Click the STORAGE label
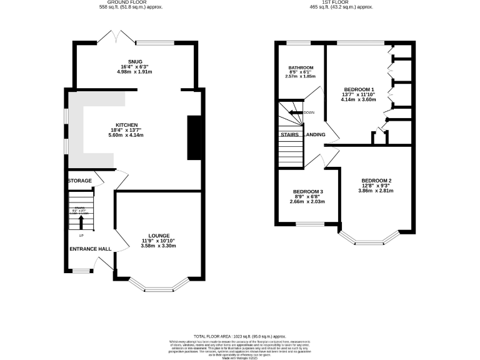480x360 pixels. (x=80, y=181)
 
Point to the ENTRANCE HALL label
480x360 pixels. (x=91, y=249)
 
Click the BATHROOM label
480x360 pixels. (x=301, y=67)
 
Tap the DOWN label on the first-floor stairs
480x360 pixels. (x=309, y=113)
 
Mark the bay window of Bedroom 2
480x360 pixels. (x=369, y=239)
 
